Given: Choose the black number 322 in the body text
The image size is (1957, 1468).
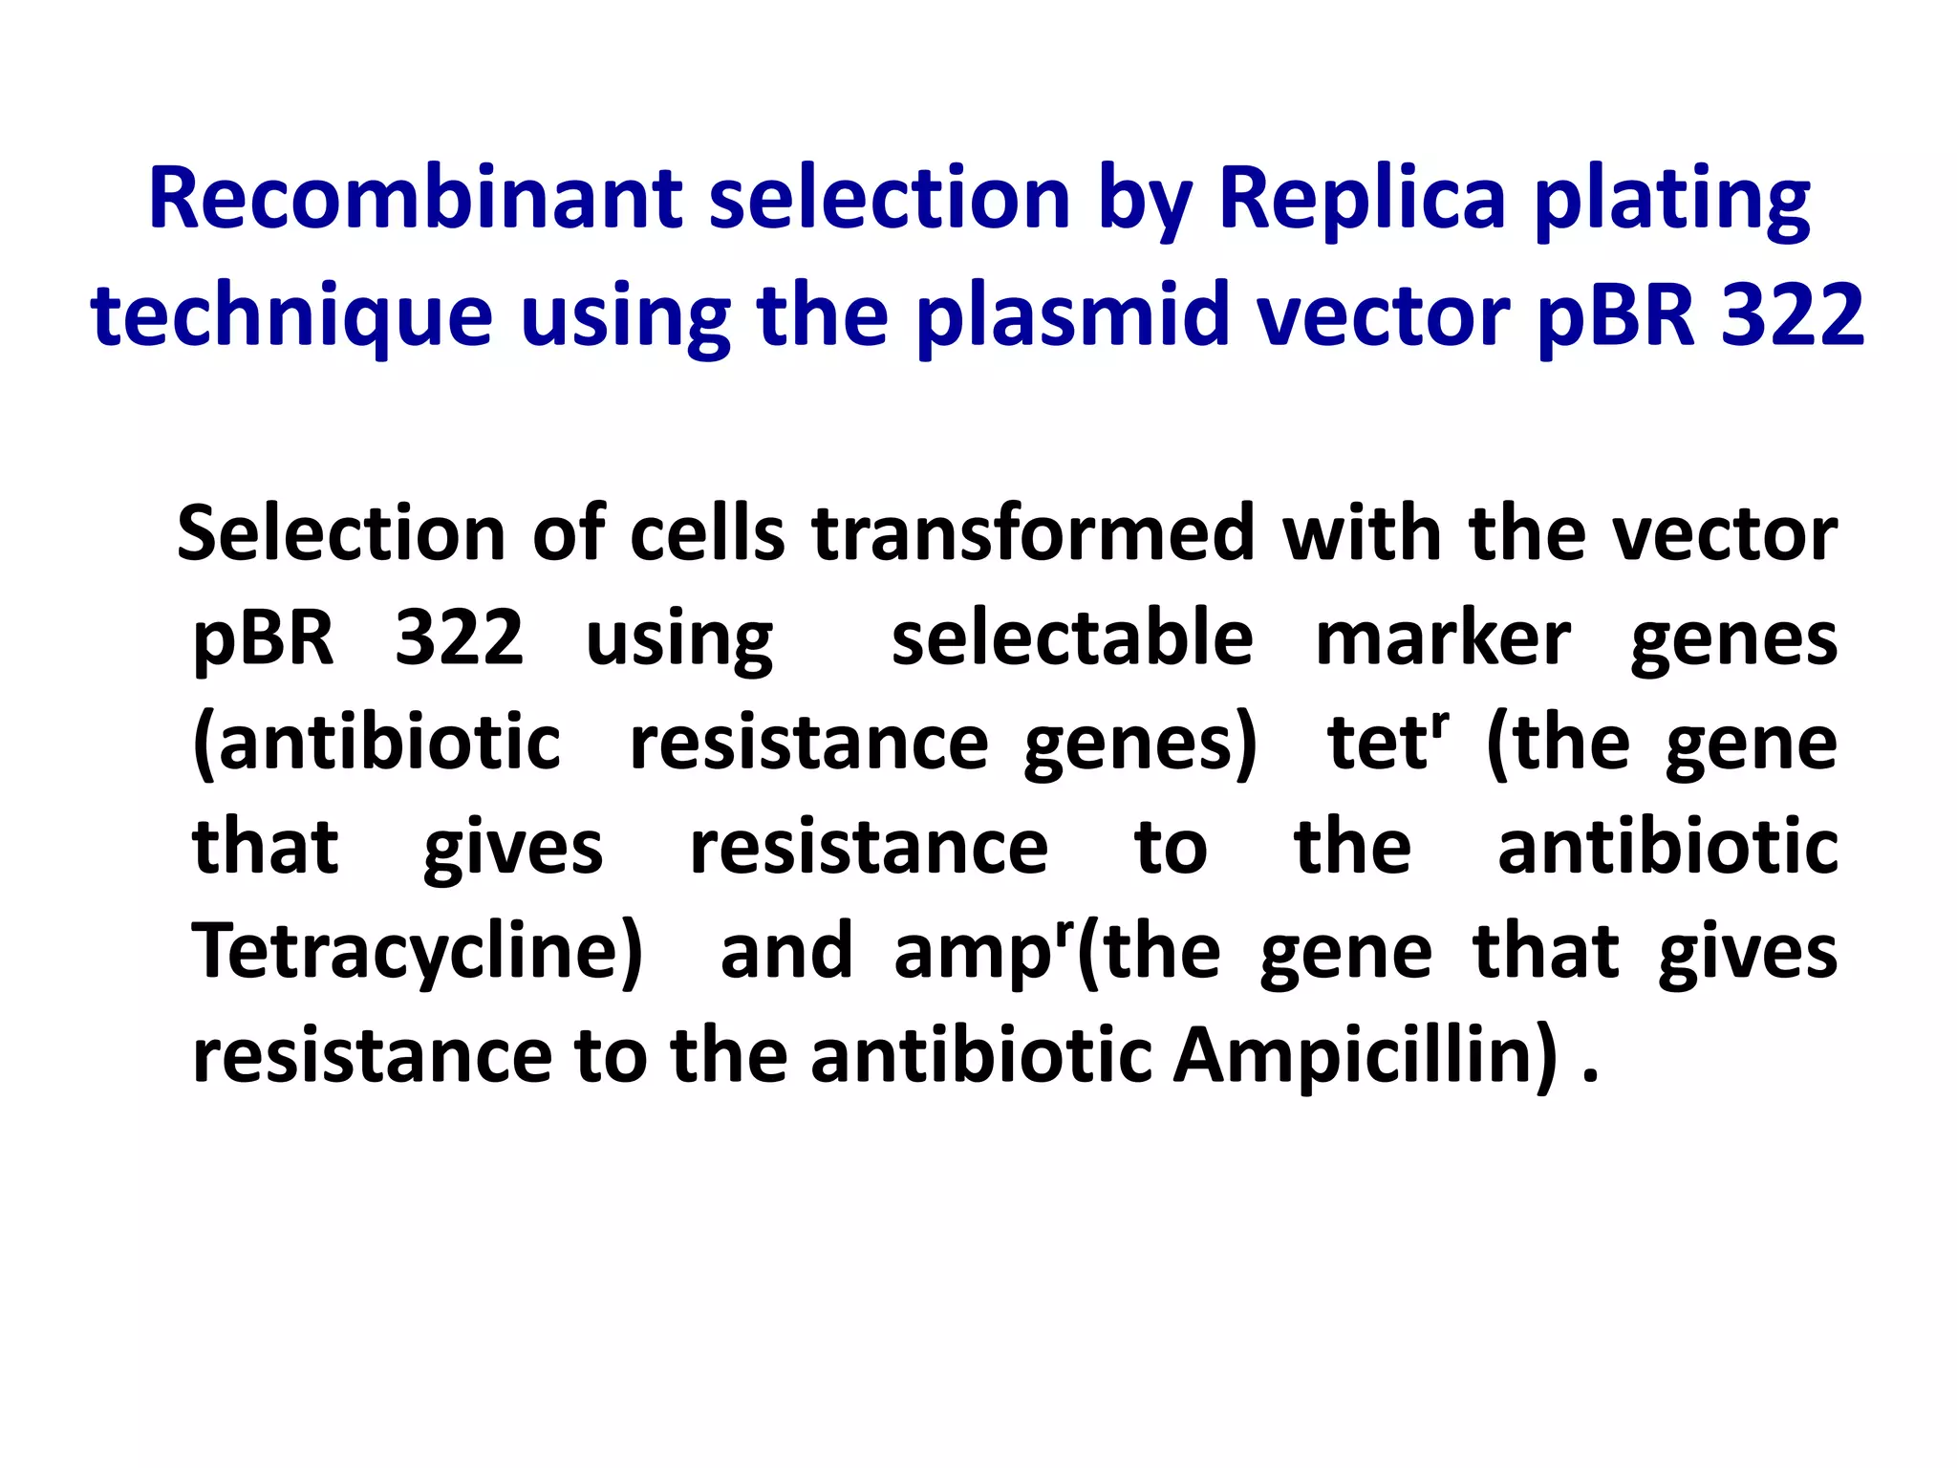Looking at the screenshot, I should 459,637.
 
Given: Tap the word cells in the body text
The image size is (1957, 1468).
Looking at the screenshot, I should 707,533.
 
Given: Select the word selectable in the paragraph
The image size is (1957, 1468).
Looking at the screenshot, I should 1071,637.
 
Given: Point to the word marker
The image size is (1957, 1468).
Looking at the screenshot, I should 1443,637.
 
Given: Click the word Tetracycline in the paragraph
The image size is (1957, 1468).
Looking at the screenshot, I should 418,952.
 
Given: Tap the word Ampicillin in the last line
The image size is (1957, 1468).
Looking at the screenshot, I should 1365,1056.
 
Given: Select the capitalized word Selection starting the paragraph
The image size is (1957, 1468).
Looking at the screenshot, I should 340,533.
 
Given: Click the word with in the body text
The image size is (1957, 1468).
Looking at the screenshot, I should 1363,533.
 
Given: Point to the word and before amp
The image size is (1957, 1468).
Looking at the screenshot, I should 785,952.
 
